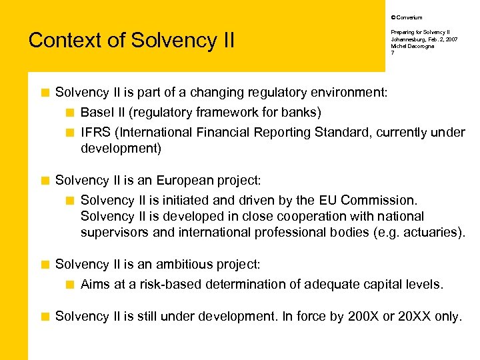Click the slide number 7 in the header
point(392,53)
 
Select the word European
point(176,180)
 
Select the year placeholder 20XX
point(413,316)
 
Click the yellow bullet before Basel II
point(71,111)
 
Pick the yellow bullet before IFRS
point(71,132)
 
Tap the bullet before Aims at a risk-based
point(71,285)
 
